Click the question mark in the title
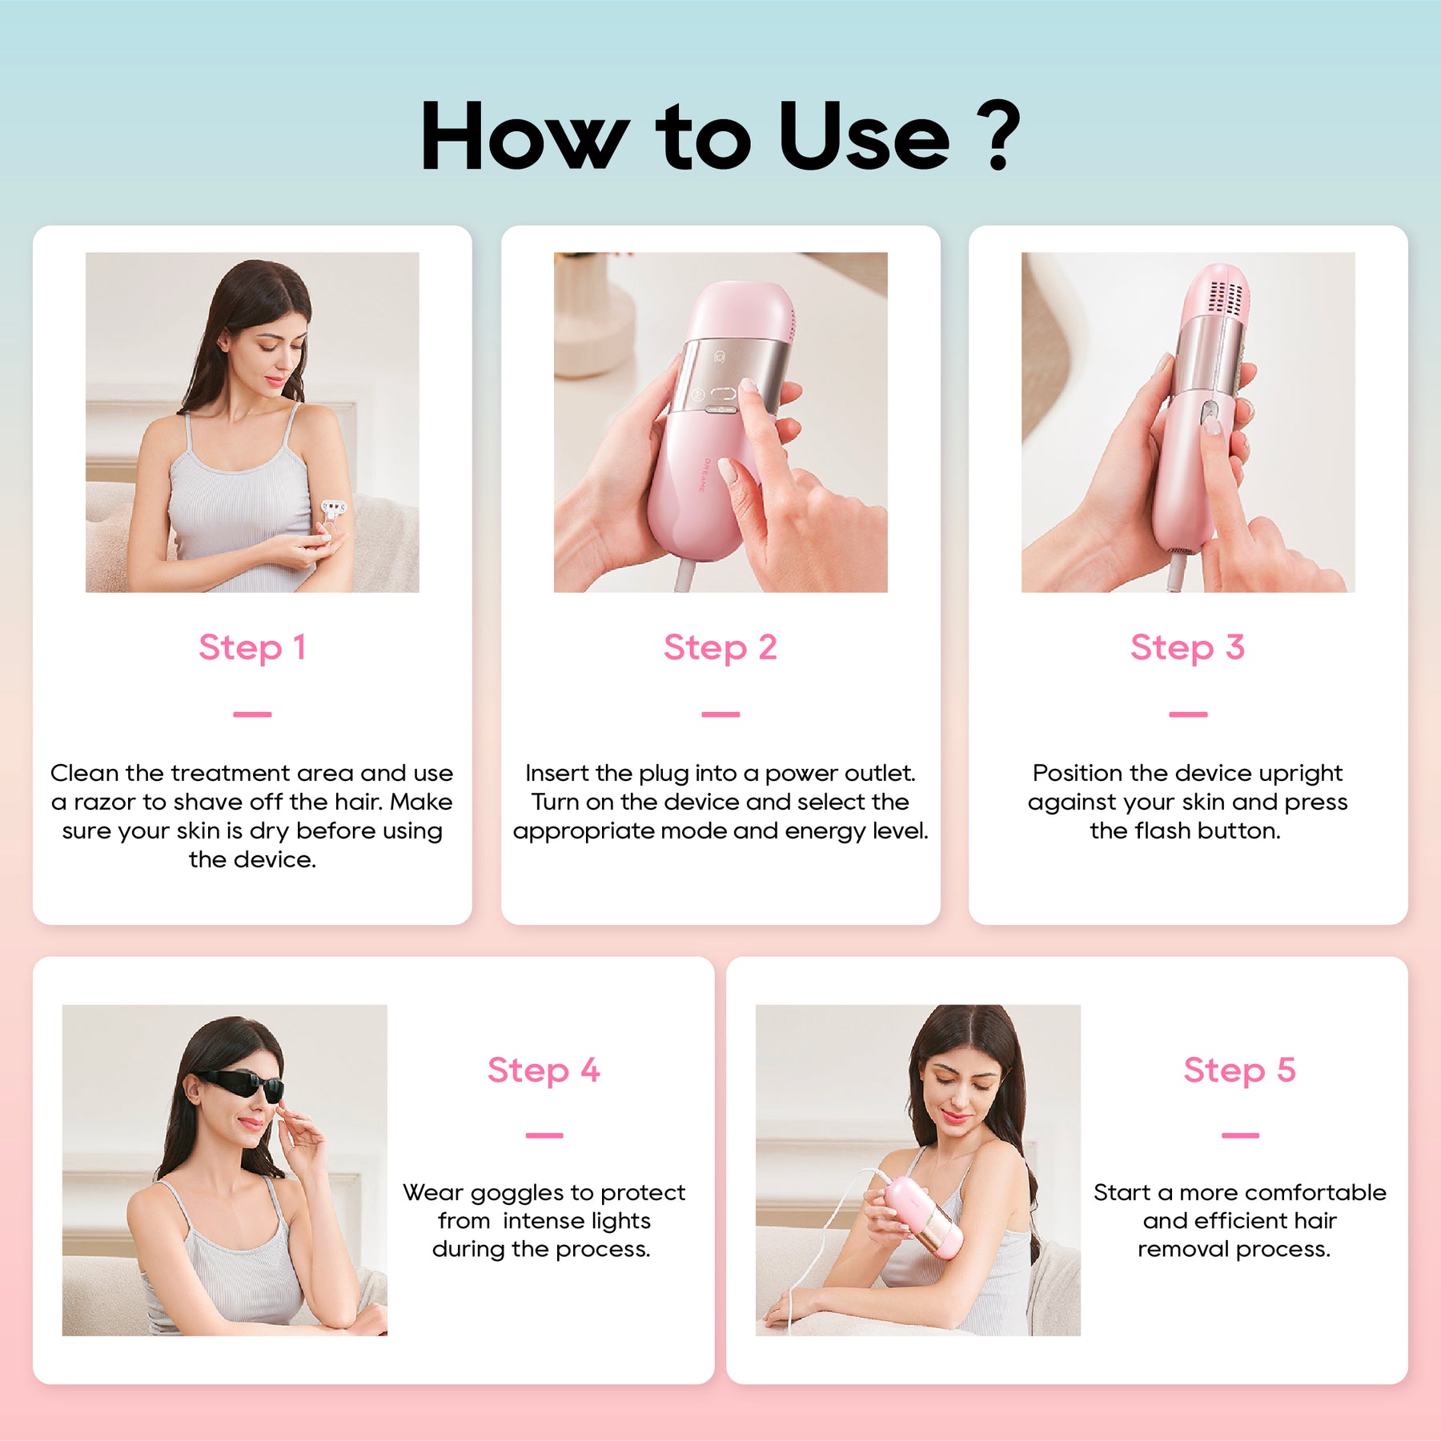[1000, 136]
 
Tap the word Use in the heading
[864, 136]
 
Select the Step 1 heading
[252, 648]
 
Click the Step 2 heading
[720, 648]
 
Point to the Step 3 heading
[1188, 648]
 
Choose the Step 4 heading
[544, 1071]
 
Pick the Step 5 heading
[1240, 1071]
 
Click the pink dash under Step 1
[252, 714]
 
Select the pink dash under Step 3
[1188, 714]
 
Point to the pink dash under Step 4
[544, 1135]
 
